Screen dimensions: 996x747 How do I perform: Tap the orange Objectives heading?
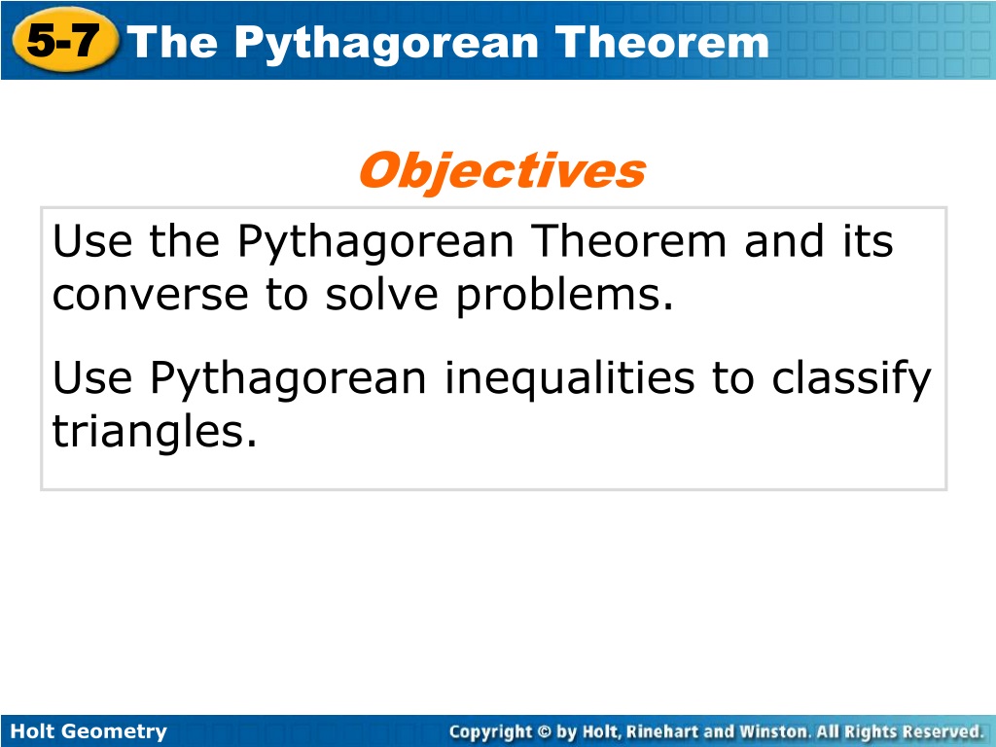point(503,171)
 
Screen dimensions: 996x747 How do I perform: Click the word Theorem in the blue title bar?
point(661,43)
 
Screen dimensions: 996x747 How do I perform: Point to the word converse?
point(150,296)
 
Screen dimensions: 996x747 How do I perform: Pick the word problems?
point(565,296)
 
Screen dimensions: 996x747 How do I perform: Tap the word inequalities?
point(569,379)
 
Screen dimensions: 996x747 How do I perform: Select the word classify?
point(851,379)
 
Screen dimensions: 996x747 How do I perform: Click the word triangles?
point(155,432)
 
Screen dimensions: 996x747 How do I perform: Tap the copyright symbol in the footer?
point(545,731)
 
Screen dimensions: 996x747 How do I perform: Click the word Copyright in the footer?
point(490,732)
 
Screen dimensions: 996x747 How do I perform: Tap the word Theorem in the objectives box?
point(628,241)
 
